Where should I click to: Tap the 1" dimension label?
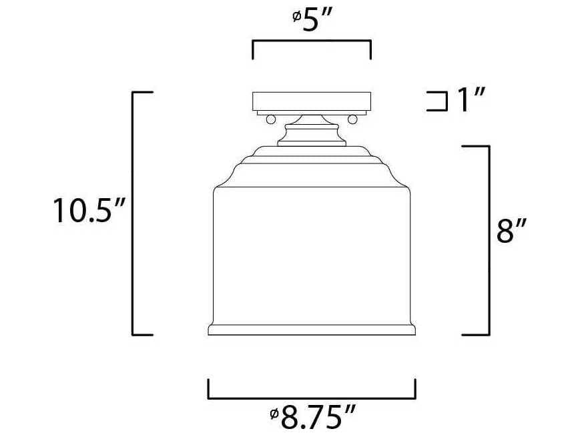click(470, 101)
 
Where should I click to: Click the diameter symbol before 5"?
click(296, 17)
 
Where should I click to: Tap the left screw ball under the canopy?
click(270, 119)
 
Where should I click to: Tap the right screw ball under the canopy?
click(352, 119)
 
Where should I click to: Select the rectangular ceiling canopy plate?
click(311, 101)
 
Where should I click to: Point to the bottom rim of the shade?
click(312, 330)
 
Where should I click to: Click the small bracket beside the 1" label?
click(437, 101)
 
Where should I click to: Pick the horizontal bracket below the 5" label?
click(312, 43)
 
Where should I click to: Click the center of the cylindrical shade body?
click(312, 257)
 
